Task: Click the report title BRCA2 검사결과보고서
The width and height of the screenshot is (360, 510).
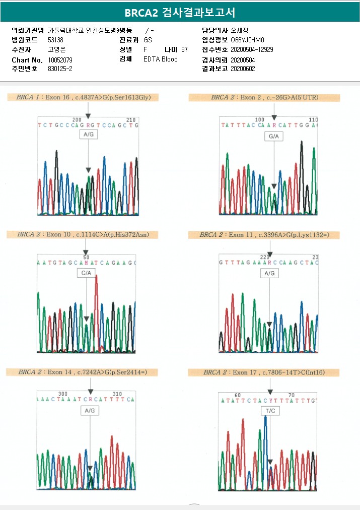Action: tap(180, 12)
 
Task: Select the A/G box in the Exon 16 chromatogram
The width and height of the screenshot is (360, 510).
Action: tap(89, 135)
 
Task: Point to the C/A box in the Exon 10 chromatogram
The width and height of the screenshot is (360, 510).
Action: tap(86, 273)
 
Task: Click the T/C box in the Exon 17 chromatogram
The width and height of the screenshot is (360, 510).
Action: tap(270, 411)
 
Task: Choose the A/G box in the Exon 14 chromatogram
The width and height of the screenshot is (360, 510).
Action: tap(90, 411)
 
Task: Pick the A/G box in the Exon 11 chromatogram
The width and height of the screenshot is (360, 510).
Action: tap(269, 273)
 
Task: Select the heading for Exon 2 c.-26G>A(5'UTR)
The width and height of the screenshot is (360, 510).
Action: tap(264, 97)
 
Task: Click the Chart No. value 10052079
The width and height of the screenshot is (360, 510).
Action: tap(60, 60)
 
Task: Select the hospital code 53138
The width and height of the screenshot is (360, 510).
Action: tap(55, 40)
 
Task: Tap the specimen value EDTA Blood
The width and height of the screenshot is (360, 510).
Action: tap(161, 59)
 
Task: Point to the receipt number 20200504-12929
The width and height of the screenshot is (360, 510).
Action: tap(252, 49)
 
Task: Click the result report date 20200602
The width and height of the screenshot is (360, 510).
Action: tap(243, 69)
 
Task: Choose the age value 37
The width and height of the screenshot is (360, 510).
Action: tap(184, 49)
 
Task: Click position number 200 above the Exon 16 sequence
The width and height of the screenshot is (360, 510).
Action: tap(77, 120)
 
